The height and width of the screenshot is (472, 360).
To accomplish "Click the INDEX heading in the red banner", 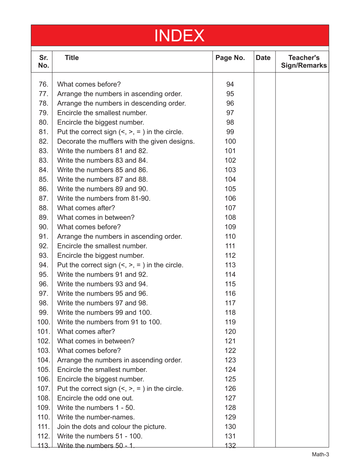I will (x=179, y=36).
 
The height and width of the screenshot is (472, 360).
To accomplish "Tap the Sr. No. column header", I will (x=43, y=61).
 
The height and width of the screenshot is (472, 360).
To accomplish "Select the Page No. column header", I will (x=230, y=58).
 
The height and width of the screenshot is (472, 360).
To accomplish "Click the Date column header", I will (x=263, y=58).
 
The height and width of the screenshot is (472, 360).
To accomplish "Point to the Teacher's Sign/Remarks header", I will (x=304, y=61).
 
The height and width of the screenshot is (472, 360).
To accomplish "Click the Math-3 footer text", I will (x=320, y=454).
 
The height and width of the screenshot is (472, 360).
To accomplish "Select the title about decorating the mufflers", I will (x=126, y=141).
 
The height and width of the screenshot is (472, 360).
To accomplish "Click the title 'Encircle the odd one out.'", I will (x=95, y=398).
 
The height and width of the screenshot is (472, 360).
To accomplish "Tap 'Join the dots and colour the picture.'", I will (x=112, y=427).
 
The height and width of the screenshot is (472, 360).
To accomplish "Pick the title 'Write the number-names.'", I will (x=96, y=417).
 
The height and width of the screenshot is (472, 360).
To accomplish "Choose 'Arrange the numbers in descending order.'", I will (x=121, y=104).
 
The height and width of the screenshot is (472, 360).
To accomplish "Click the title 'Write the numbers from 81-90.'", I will (x=104, y=198).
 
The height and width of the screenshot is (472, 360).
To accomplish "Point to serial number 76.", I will (x=43, y=85).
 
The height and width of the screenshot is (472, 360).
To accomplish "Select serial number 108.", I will (x=43, y=398).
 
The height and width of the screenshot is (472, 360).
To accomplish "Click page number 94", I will (x=230, y=85).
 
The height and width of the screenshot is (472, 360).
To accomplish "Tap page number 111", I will (x=230, y=246).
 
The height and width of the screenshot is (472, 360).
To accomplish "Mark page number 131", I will (x=230, y=436).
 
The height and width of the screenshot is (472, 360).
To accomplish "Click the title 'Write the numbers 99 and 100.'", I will (x=104, y=313).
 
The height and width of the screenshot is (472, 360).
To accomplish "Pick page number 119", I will (x=230, y=322).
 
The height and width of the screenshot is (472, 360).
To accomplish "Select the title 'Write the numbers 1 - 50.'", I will (x=96, y=408).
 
